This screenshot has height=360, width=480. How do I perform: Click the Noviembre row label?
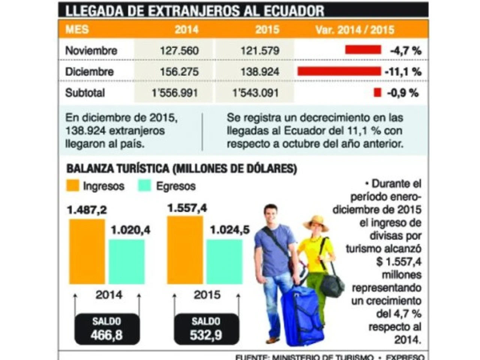tap(91, 51)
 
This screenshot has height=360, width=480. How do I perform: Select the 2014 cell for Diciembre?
tap(179, 72)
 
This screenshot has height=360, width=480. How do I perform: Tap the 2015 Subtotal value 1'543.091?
tap(256, 93)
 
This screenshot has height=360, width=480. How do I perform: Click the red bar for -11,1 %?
tap(339, 71)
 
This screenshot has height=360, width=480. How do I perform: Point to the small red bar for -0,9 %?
tap(377, 92)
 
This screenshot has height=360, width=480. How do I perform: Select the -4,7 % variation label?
tap(405, 51)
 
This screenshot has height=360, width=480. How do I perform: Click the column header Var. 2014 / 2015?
tap(355, 30)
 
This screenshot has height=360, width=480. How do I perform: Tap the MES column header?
tap(77, 30)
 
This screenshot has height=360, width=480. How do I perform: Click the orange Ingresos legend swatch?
tap(73, 186)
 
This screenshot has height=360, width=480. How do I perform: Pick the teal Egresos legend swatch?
tap(144, 186)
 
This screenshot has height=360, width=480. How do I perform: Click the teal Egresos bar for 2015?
tap(224, 261)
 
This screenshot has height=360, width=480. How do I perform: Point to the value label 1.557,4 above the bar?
tap(187, 208)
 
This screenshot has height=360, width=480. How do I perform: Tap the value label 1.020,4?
tap(130, 230)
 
